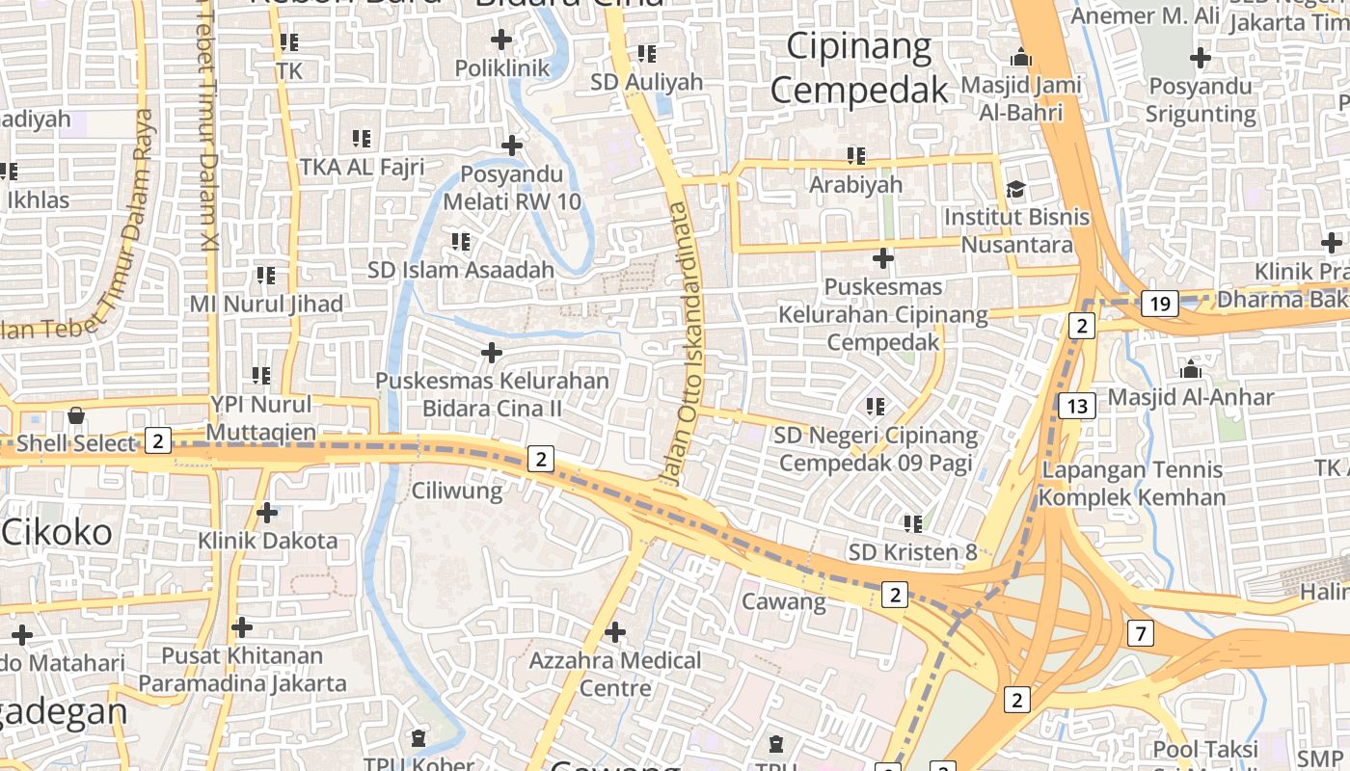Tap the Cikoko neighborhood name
pyautogui.click(x=57, y=531)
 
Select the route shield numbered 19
pyautogui.click(x=1160, y=305)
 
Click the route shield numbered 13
pyautogui.click(x=1077, y=406)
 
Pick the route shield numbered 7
pyautogui.click(x=1141, y=633)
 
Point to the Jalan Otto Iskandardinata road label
pyautogui.click(x=680, y=342)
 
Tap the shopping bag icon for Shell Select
pyautogui.click(x=75, y=416)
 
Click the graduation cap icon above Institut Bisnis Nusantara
pyautogui.click(x=1015, y=188)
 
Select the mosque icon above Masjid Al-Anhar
pyautogui.click(x=1190, y=369)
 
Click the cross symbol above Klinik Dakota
pyautogui.click(x=267, y=513)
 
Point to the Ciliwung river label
pyautogui.click(x=457, y=491)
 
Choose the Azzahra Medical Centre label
pyautogui.click(x=615, y=674)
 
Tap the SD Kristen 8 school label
pyautogui.click(x=912, y=552)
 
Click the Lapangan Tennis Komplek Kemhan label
pyautogui.click(x=1131, y=484)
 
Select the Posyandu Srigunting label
pyautogui.click(x=1201, y=99)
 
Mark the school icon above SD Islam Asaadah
pyautogui.click(x=461, y=241)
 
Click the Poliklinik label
pyautogui.click(x=501, y=68)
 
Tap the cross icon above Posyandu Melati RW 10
pyautogui.click(x=512, y=146)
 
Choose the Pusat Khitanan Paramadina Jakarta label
pyautogui.click(x=242, y=670)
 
